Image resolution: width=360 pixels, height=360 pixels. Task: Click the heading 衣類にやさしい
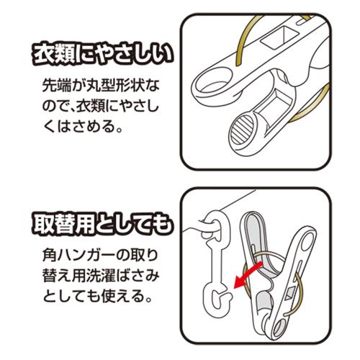tap(102, 55)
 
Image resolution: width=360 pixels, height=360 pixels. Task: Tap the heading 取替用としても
tap(102, 225)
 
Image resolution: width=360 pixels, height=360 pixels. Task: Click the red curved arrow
tap(247, 276)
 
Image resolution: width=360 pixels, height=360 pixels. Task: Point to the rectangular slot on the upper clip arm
tap(279, 37)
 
